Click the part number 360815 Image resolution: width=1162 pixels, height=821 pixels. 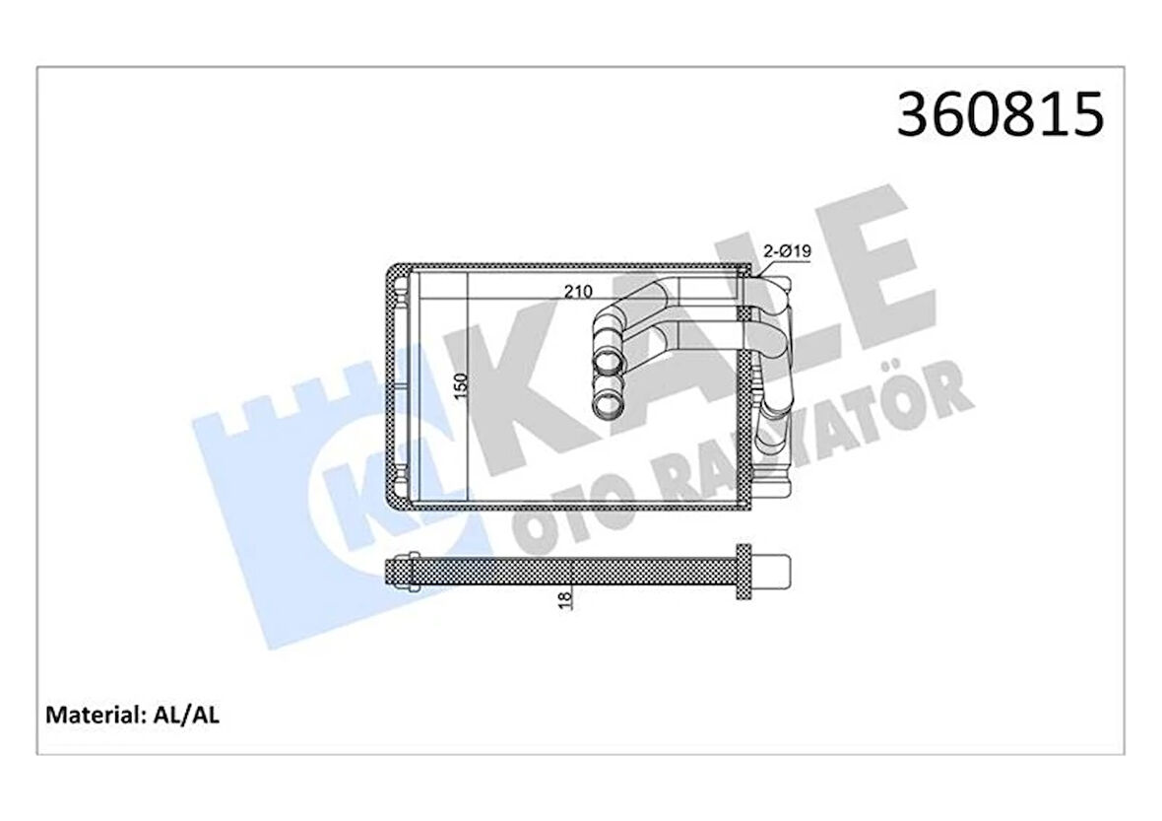tap(1001, 115)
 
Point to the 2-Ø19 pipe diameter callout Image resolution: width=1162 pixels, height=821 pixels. tap(787, 252)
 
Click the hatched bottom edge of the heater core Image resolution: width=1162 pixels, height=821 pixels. tap(571, 509)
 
